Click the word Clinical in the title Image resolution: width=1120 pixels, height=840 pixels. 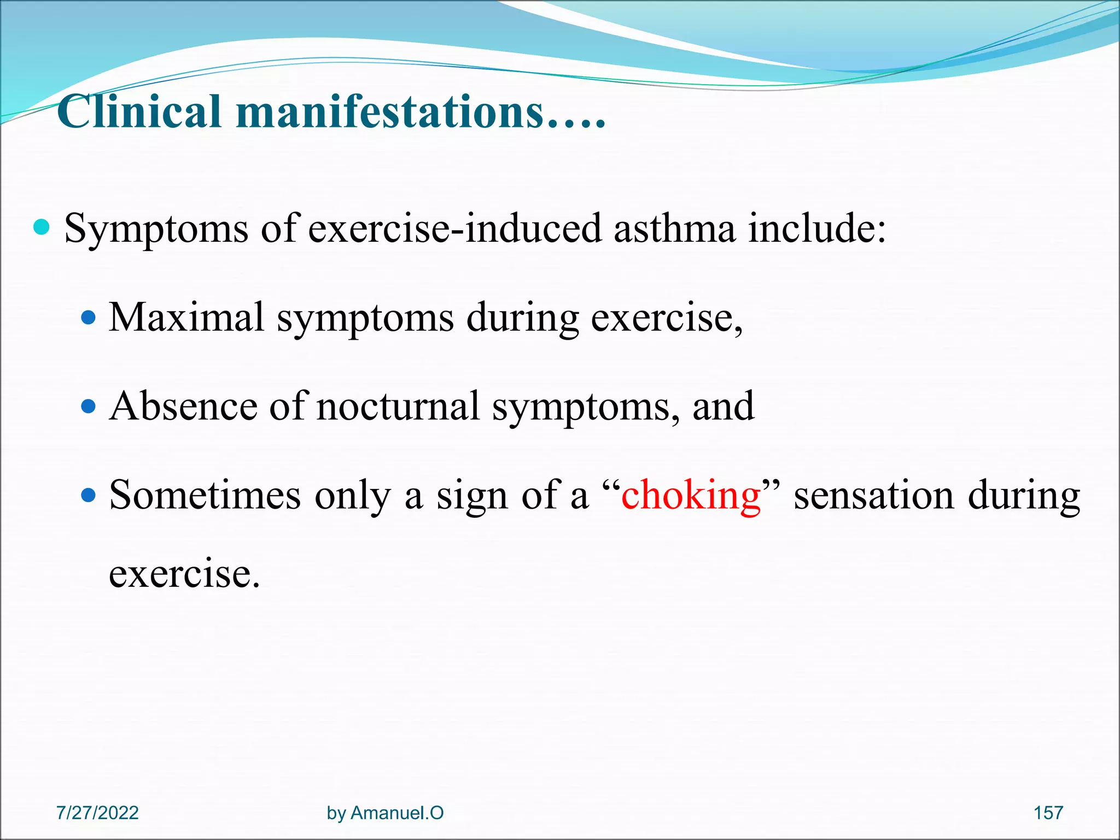pyautogui.click(x=139, y=112)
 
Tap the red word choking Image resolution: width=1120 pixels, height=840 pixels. pyautogui.click(x=691, y=495)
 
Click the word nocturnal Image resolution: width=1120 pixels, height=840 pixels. pyautogui.click(x=398, y=407)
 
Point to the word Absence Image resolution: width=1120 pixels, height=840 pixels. pyautogui.click(x=183, y=407)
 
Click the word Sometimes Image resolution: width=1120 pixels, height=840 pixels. pyautogui.click(x=205, y=495)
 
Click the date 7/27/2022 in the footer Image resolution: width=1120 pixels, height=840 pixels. pyautogui.click(x=97, y=813)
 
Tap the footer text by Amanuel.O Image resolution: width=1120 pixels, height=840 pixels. pyautogui.click(x=385, y=813)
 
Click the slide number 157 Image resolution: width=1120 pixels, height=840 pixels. pyautogui.click(x=1048, y=813)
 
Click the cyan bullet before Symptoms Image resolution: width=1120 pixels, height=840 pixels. pyautogui.click(x=42, y=226)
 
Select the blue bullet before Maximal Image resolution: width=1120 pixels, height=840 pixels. pyautogui.click(x=88, y=317)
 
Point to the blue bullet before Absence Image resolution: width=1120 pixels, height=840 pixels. pyautogui.click(x=88, y=407)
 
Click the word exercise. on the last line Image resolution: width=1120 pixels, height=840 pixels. pyautogui.click(x=184, y=574)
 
